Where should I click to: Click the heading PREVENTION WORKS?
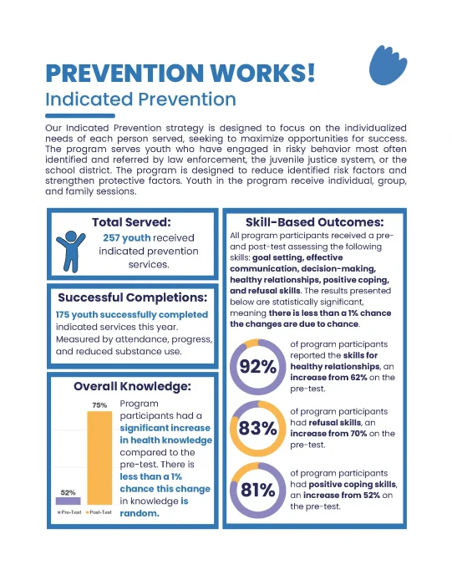point(180,72)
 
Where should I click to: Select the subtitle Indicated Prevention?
point(140,99)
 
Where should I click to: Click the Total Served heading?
point(131,222)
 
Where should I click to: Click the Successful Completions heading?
point(132,298)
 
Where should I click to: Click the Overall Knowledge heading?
point(132,386)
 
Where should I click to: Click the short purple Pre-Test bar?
point(68,501)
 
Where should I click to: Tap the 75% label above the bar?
point(99,405)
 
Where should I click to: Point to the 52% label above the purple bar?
point(68,492)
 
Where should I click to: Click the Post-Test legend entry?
point(99,511)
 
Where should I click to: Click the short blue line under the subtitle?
point(79,115)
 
